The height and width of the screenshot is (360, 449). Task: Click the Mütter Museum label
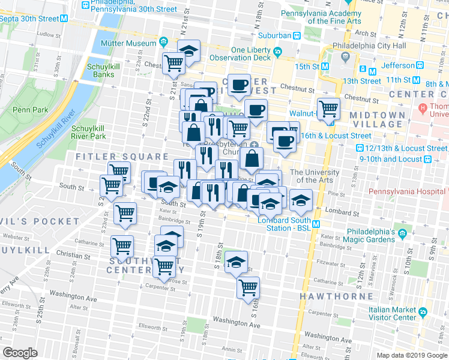[x=133, y=43]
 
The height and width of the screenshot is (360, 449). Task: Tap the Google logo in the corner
[x=20, y=353]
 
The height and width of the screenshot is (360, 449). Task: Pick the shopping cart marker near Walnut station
[x=328, y=109]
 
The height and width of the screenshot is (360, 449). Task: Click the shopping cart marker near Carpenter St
[x=248, y=288]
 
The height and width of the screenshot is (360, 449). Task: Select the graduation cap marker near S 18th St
[x=237, y=261]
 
